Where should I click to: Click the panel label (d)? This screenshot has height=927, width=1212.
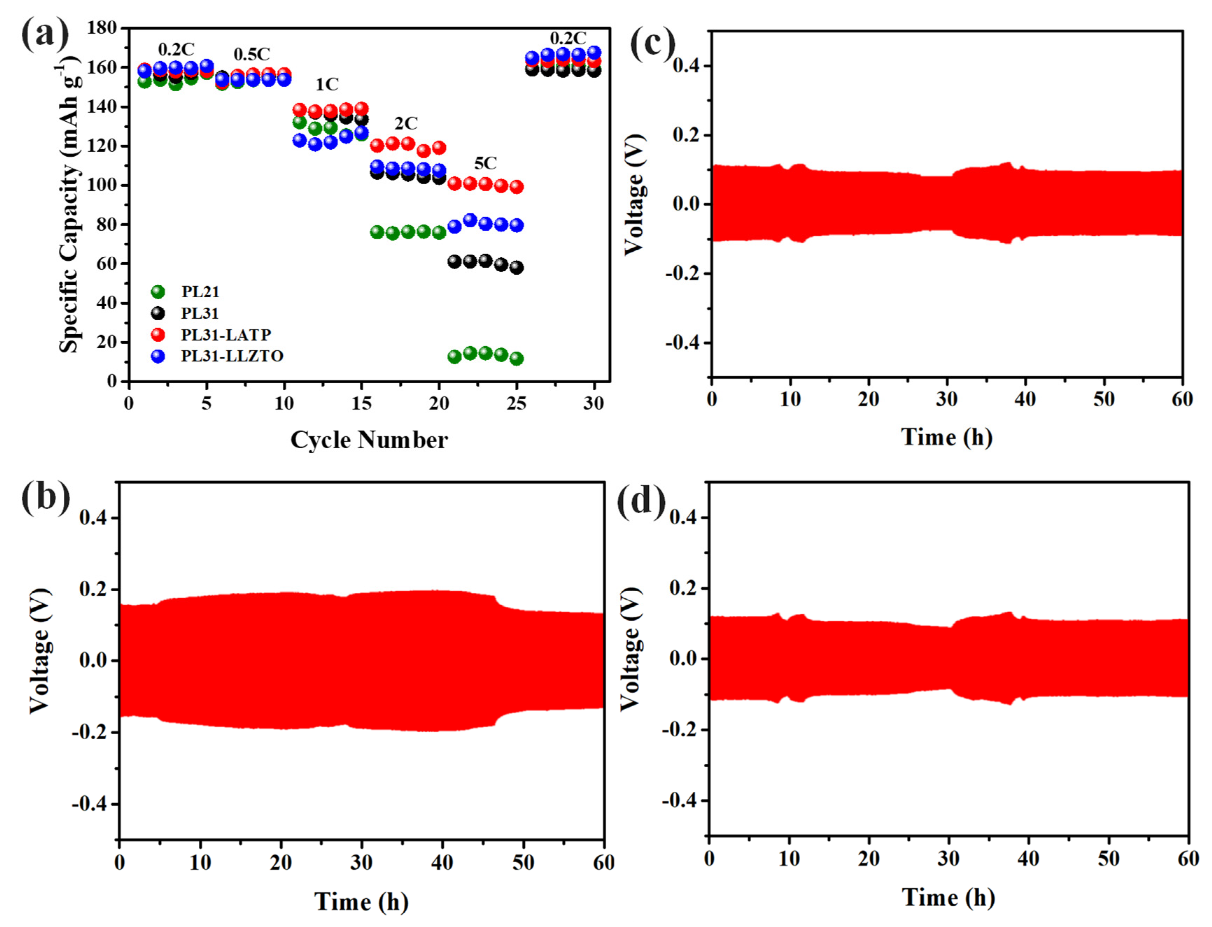(641, 502)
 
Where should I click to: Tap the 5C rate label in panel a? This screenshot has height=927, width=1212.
(485, 163)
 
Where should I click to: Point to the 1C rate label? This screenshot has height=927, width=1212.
(327, 84)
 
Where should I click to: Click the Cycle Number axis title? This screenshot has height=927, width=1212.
(369, 440)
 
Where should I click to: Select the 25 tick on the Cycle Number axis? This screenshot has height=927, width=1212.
(516, 404)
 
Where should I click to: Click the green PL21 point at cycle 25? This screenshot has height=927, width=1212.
(516, 359)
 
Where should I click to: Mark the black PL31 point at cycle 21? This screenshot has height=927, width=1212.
(454, 262)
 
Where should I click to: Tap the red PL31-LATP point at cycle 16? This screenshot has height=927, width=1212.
(377, 146)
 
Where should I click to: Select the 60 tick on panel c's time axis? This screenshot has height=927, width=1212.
(1182, 399)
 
